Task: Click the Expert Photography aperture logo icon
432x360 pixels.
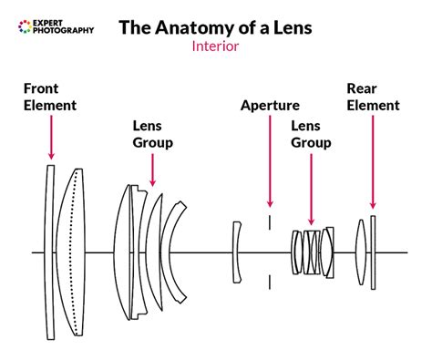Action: pyautogui.click(x=25, y=26)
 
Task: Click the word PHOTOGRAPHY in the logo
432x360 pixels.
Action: pyautogui.click(x=63, y=32)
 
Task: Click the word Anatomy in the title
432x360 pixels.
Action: pyautogui.click(x=200, y=27)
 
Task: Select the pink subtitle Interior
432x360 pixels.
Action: pyautogui.click(x=215, y=46)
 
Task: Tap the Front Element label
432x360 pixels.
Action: pyautogui.click(x=50, y=98)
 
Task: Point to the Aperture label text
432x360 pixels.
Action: pyautogui.click(x=270, y=106)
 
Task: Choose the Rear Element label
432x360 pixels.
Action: pyautogui.click(x=373, y=98)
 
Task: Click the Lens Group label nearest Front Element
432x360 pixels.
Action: pyautogui.click(x=152, y=135)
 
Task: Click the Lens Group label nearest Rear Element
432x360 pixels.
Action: pyautogui.click(x=311, y=135)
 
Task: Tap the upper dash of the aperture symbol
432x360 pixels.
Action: pyautogui.click(x=270, y=222)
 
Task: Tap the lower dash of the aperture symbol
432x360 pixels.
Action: pyautogui.click(x=270, y=281)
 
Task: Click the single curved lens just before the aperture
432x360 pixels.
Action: pyautogui.click(x=237, y=251)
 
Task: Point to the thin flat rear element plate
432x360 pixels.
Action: pyautogui.click(x=373, y=251)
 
